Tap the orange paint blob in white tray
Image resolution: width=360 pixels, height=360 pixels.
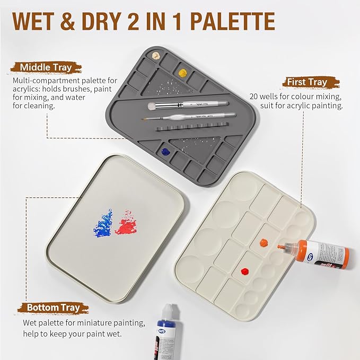tap(264, 242)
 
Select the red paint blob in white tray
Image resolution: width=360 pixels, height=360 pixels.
tap(244, 271)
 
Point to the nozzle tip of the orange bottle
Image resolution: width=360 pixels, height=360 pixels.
tap(279, 247)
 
